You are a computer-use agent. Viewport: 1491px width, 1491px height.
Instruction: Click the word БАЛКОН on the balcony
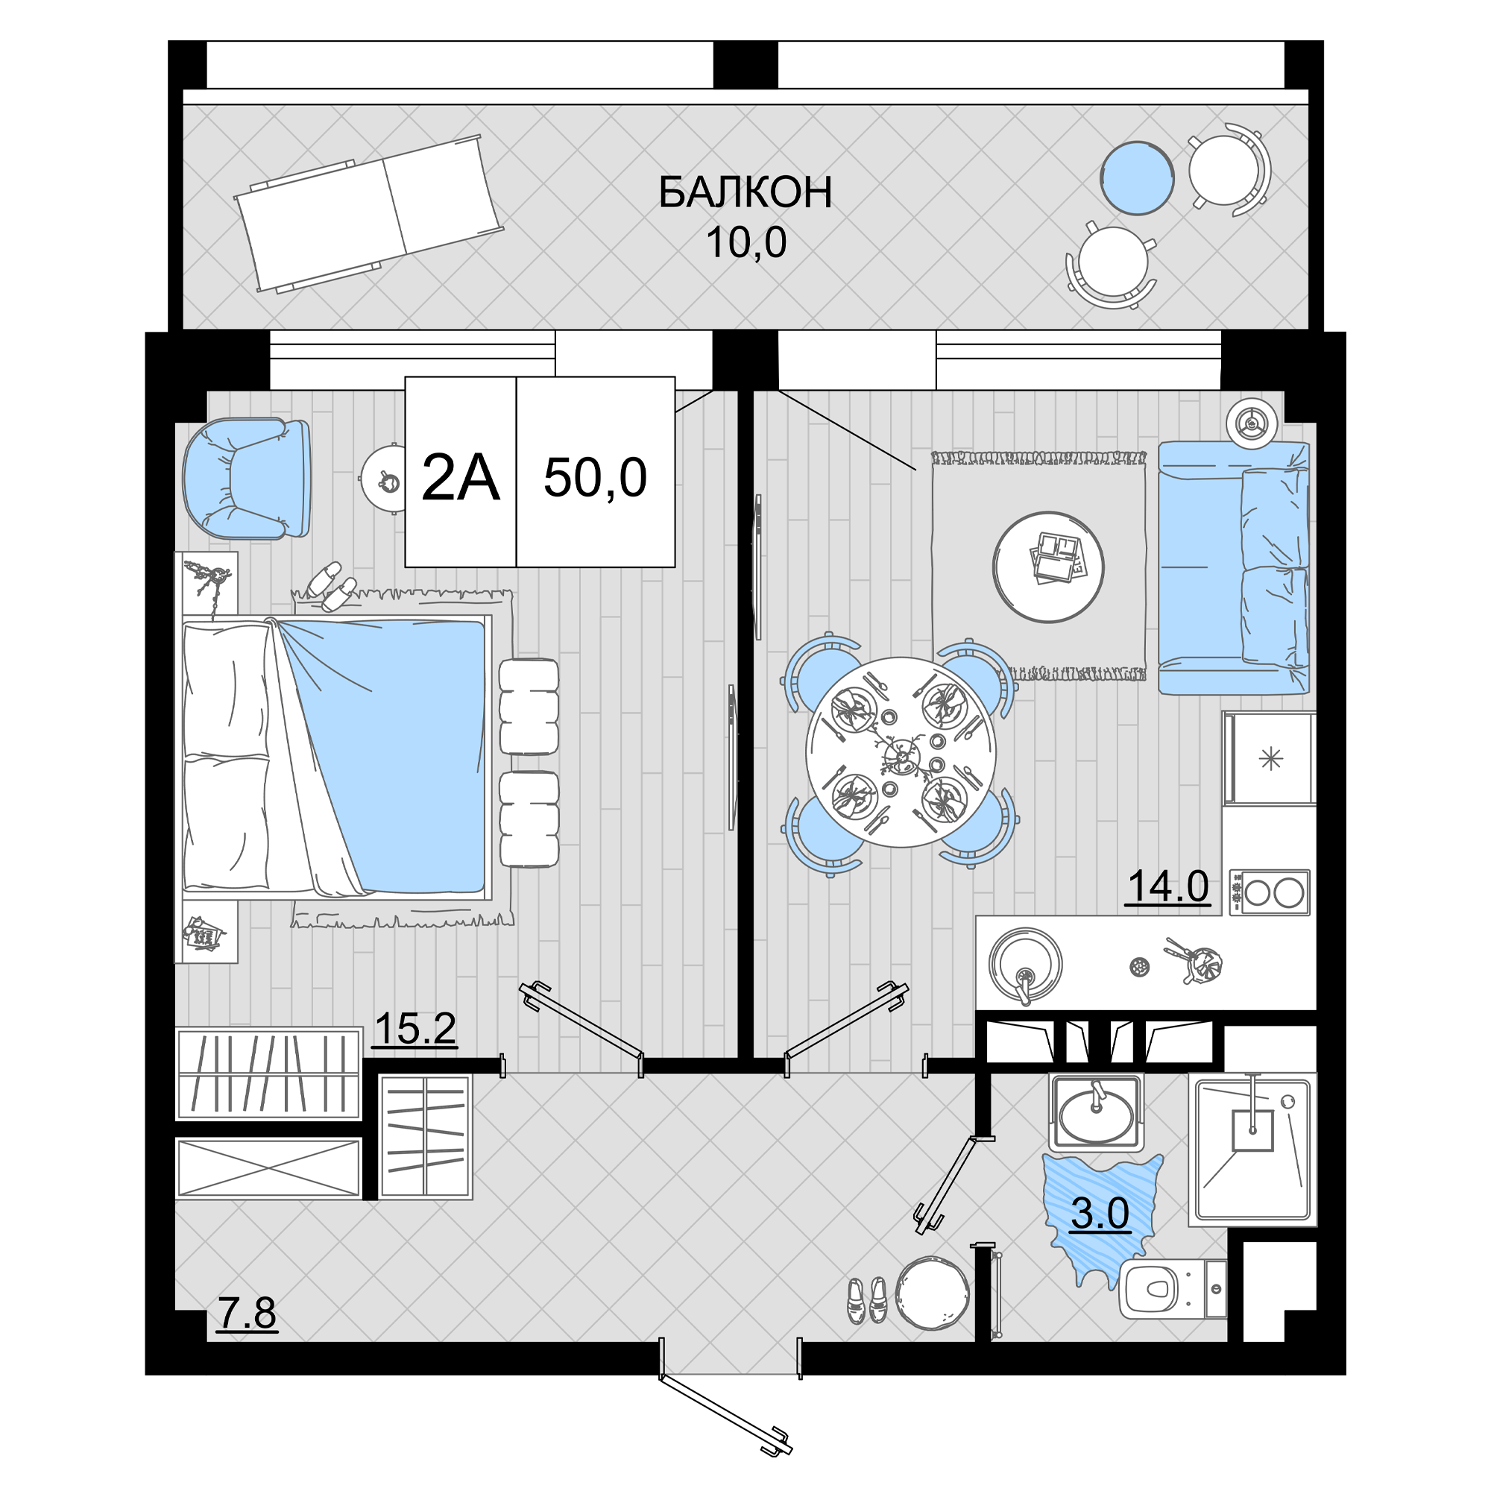point(745,193)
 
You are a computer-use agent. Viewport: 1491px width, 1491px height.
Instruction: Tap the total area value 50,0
point(595,478)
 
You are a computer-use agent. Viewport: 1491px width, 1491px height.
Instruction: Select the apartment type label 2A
point(461,478)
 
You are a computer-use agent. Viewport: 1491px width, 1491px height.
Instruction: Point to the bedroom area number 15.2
point(414,1029)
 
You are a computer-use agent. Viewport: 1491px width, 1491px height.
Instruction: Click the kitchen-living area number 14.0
point(1168,886)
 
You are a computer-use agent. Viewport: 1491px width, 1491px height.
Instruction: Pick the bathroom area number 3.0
point(1100,1214)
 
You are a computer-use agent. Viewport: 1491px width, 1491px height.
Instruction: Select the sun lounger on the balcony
point(369,213)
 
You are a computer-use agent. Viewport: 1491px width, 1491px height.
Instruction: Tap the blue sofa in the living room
point(1233,567)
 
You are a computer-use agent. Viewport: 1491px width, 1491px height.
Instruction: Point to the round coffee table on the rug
point(1048,567)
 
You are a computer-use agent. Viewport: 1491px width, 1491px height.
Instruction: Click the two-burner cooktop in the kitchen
point(1270,893)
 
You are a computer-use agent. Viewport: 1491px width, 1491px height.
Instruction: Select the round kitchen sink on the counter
point(1025,965)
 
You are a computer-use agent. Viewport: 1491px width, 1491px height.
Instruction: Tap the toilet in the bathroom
point(1171,1288)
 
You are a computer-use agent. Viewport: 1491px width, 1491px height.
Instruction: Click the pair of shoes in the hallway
point(868,1300)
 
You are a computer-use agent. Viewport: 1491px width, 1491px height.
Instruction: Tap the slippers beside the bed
point(331,587)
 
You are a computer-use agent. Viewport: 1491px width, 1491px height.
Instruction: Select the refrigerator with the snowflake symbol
point(1270,759)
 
